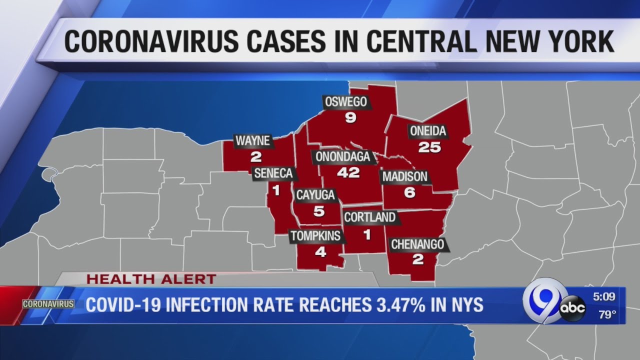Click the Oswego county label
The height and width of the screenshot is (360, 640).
coord(346,102)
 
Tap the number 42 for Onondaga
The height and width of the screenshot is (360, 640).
coord(348,172)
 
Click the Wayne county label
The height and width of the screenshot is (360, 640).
coord(253,141)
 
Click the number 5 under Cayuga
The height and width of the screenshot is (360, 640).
coord(319,211)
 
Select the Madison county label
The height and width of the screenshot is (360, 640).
coord(405,176)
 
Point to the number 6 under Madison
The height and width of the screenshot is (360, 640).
coord(409,192)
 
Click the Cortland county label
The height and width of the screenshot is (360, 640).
coord(370,217)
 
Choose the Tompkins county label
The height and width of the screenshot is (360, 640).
coord(315,236)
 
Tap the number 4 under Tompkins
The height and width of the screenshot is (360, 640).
coord(320,252)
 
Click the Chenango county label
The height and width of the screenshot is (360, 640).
coord(417,244)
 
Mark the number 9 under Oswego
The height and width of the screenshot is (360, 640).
coord(350,118)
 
